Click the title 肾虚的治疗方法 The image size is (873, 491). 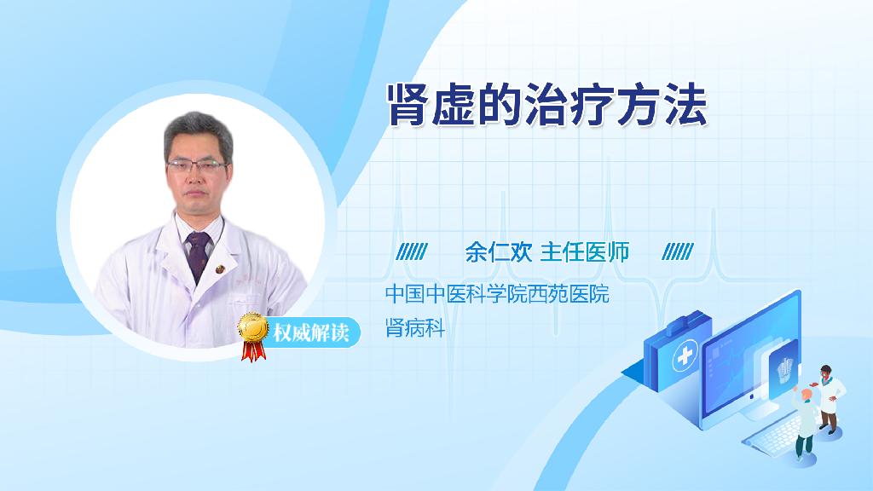547,105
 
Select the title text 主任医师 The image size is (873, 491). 585,252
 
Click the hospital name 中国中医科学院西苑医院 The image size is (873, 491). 497,294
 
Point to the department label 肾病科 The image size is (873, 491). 415,328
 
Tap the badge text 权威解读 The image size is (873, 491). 310,333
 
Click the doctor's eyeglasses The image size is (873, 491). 197,165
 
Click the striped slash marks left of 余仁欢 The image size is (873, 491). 412,252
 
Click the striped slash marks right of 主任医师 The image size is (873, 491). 678,252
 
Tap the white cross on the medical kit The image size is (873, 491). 685,356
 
